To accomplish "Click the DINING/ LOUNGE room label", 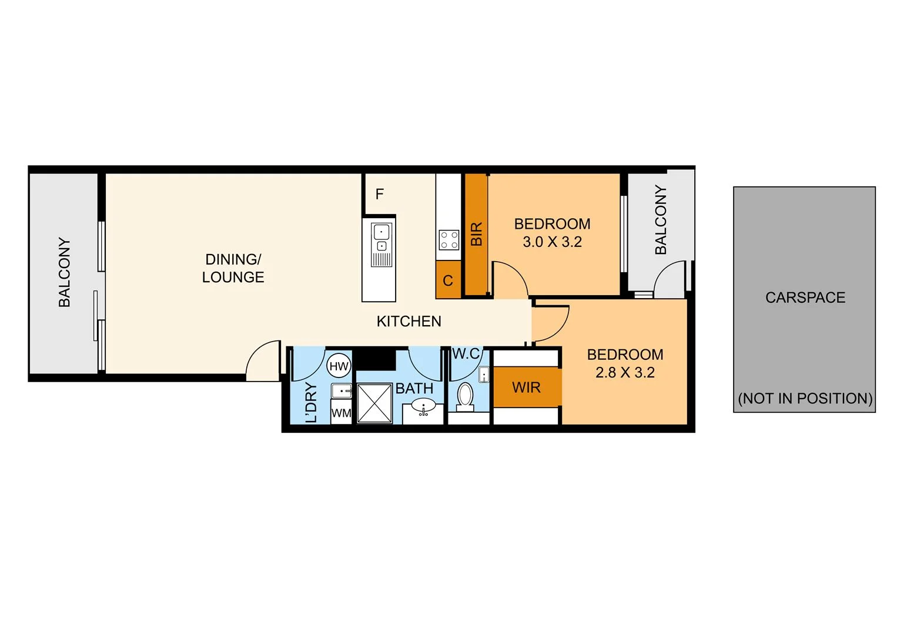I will coord(233,268).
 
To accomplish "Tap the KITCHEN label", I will coord(409,322).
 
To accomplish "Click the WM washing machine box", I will coord(341,413).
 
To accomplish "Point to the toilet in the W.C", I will coord(465,396).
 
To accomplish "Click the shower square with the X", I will coord(374,403).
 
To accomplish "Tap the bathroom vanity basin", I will coord(423,406).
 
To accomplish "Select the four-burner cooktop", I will coord(449,240).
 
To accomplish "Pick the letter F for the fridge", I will coord(380,194).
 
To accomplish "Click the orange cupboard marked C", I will coord(448,280).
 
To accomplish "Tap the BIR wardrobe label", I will coord(476,234).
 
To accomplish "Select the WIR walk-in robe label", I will coord(526,387).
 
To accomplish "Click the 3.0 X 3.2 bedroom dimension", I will coord(552,242).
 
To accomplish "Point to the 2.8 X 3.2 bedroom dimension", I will coord(625,373).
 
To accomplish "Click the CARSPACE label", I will coord(805,298).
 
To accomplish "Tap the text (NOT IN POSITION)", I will coord(805,399).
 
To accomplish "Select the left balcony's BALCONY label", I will coord(64,272).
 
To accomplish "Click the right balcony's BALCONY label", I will coord(661,220).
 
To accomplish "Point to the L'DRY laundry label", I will coord(311,402).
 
